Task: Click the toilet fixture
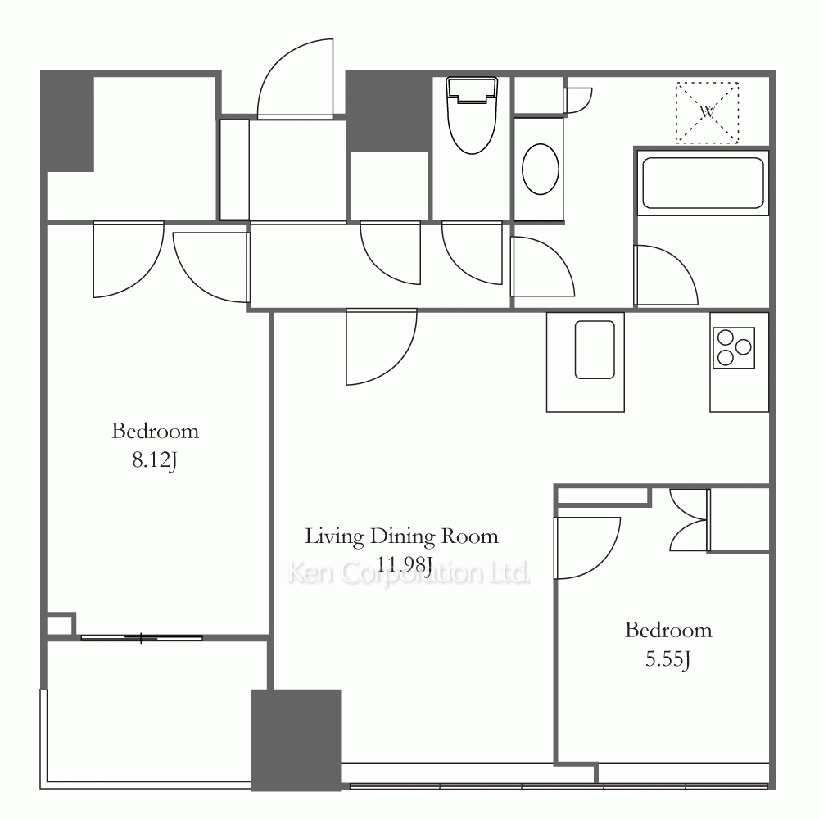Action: (x=473, y=115)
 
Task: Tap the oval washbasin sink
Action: (x=541, y=170)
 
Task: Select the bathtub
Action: (x=703, y=183)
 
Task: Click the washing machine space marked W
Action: (x=708, y=112)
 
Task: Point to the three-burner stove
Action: (x=734, y=347)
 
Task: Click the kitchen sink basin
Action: (x=595, y=350)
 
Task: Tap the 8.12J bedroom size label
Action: (x=155, y=460)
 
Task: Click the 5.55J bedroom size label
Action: (x=668, y=659)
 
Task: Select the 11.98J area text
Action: (x=404, y=564)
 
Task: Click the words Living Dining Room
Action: (x=401, y=536)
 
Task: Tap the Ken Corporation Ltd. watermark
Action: (x=409, y=573)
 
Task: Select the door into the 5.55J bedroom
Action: (x=587, y=548)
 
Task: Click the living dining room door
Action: (x=382, y=346)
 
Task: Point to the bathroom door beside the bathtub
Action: (x=666, y=274)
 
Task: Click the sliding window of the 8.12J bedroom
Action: (x=142, y=638)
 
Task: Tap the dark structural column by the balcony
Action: (x=296, y=740)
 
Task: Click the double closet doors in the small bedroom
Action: (x=689, y=520)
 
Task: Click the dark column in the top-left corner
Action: (x=67, y=121)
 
